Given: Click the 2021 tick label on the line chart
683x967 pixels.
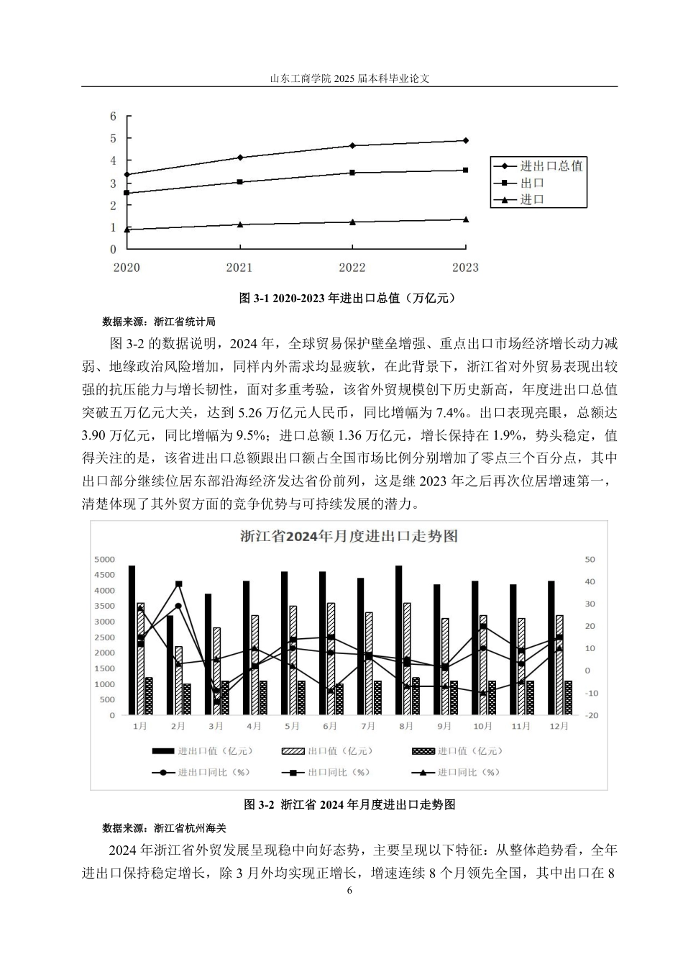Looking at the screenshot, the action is (x=239, y=268).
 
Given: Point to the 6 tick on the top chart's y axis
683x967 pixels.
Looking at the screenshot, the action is (x=113, y=116).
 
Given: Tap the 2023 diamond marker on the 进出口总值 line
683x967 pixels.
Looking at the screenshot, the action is (x=465, y=140).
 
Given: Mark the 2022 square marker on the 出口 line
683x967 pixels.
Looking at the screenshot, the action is (x=352, y=173).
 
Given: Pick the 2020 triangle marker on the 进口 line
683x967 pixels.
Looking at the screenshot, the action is (x=127, y=230).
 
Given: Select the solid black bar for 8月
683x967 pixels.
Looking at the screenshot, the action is (x=398, y=640).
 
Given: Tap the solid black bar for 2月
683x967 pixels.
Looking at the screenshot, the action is (x=170, y=665).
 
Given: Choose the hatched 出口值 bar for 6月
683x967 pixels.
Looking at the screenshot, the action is (x=331, y=658).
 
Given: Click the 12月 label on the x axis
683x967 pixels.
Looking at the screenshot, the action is (x=559, y=727).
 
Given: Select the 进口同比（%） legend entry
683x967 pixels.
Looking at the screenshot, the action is (x=468, y=773).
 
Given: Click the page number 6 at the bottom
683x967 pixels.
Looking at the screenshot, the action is (x=349, y=890).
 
